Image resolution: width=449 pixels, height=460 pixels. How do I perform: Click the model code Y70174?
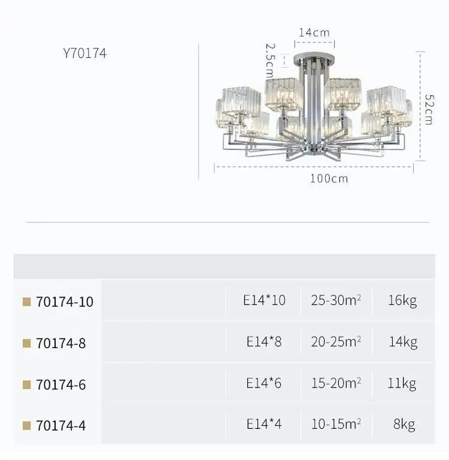[84, 53]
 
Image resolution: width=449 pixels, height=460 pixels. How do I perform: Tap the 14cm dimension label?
[314, 32]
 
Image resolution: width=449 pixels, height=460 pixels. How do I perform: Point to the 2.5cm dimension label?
[270, 60]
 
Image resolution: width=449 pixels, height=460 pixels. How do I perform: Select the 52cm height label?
[429, 109]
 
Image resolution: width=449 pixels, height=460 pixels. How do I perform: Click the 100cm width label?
[329, 178]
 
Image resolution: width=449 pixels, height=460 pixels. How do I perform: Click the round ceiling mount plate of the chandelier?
[314, 56]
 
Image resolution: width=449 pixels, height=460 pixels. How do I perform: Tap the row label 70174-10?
[65, 301]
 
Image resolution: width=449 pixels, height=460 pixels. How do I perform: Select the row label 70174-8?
[61, 343]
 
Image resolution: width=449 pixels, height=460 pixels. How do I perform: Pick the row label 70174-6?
[61, 385]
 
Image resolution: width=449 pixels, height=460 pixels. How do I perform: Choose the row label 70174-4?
[61, 425]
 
